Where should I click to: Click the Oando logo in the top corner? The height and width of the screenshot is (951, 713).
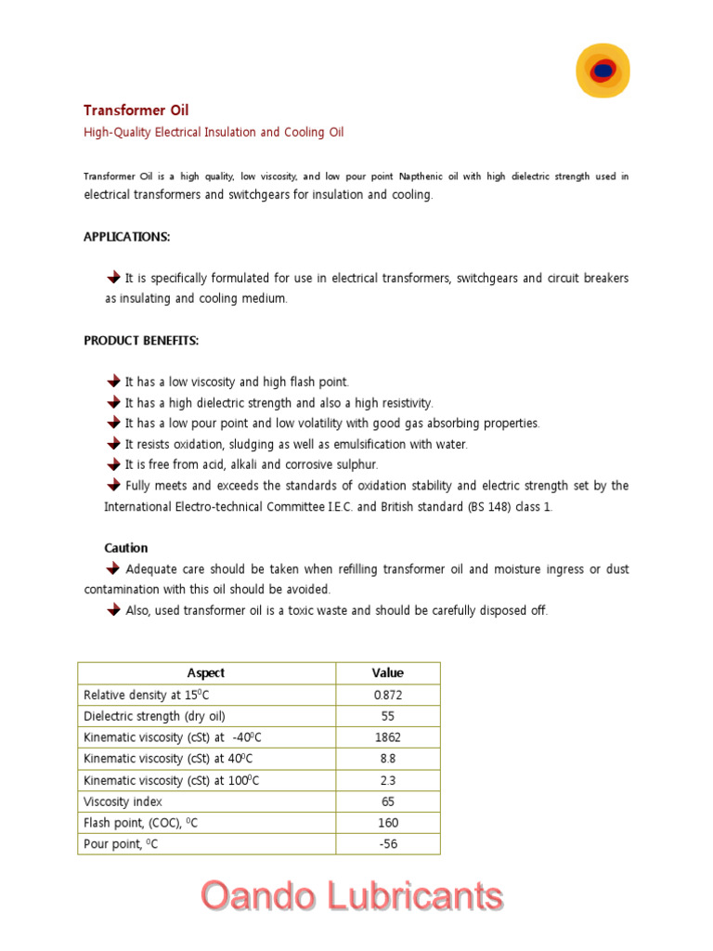coord(603,70)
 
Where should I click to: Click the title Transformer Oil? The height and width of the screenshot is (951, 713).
coord(136,110)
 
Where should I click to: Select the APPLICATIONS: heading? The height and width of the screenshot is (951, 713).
coord(127,237)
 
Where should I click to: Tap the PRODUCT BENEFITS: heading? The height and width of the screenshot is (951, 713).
coord(141,341)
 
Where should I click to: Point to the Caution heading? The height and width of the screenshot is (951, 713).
coord(126,548)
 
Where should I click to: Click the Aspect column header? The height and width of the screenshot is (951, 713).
coord(206,673)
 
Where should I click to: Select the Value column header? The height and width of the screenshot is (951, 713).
coord(388,673)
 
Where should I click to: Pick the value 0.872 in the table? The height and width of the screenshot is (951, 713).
coord(388,695)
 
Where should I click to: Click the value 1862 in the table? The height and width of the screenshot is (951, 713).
coord(388,737)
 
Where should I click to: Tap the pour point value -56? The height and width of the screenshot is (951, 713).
coord(388,844)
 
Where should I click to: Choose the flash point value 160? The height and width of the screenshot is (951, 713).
coord(388,823)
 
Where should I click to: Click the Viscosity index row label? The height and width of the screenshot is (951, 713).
coord(123,801)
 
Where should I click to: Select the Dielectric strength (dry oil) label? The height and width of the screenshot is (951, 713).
coord(154,716)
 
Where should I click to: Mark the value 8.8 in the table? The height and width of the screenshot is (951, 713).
coord(388,759)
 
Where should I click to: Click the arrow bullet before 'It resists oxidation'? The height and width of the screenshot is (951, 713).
coord(114,444)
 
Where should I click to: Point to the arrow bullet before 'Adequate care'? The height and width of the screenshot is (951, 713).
coord(114,568)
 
